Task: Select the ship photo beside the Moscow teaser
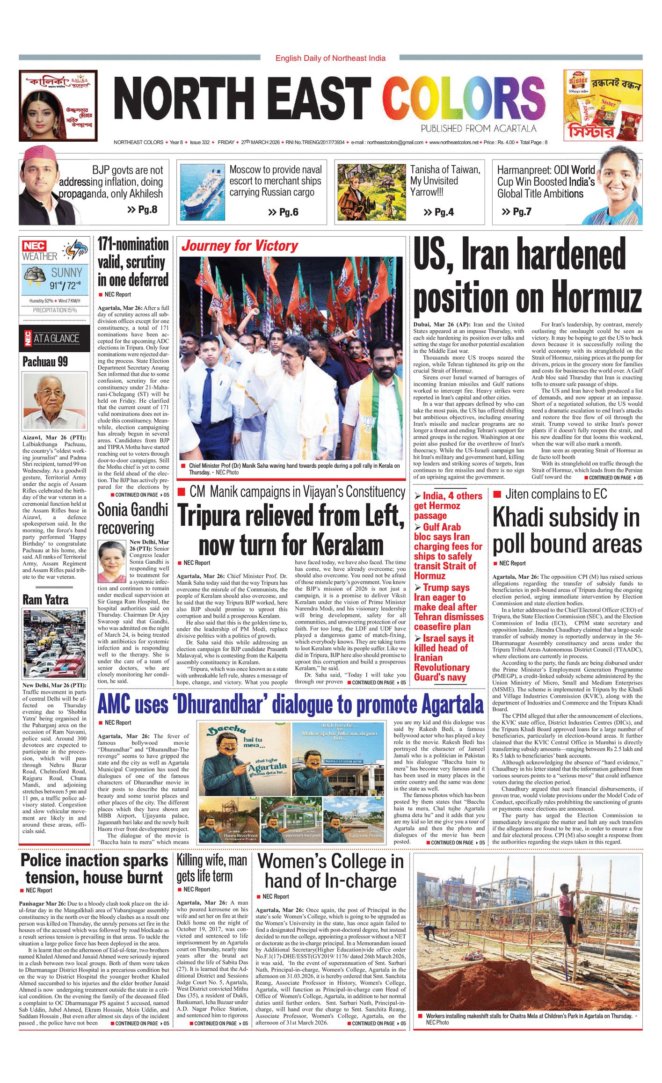coord(202,192)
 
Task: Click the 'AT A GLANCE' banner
coord(56,338)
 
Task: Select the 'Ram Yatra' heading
coord(45,600)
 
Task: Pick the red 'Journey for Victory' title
coord(240,246)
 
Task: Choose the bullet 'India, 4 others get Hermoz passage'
coord(447,506)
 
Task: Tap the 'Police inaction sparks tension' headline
coord(94,869)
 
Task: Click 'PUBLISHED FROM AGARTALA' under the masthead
coord(478,129)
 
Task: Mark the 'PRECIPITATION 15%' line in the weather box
coord(55,310)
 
